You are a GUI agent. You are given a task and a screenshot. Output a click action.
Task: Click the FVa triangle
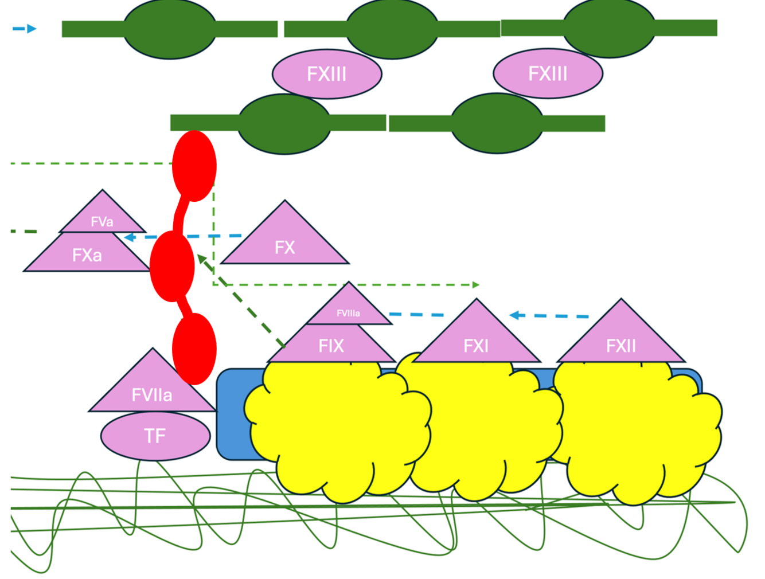pyautogui.click(x=102, y=218)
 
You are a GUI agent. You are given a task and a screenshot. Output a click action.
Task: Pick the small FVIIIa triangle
pyautogui.click(x=349, y=310)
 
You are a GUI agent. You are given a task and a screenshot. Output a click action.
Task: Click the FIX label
pyautogui.click(x=331, y=346)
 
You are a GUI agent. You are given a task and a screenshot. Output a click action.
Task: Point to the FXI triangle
pyautogui.click(x=476, y=341)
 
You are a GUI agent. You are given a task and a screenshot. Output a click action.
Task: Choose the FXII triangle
pyautogui.click(x=621, y=341)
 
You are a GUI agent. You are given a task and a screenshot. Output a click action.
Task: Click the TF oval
pyautogui.click(x=155, y=436)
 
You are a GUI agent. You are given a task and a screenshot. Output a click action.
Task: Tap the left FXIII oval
pyautogui.click(x=327, y=74)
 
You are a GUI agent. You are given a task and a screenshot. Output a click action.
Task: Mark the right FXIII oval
pyautogui.click(x=548, y=73)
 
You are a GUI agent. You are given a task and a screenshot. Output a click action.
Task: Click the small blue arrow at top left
pyautogui.click(x=25, y=29)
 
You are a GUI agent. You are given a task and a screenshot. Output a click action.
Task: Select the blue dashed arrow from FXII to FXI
pyautogui.click(x=549, y=315)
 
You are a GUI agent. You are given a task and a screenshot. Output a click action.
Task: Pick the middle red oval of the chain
pyautogui.click(x=172, y=266)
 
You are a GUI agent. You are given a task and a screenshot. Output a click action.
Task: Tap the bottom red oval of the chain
pyautogui.click(x=194, y=349)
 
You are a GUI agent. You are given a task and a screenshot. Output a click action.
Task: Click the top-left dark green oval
pyautogui.click(x=170, y=29)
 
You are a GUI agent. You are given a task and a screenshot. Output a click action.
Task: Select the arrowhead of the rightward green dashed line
pyautogui.click(x=475, y=284)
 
